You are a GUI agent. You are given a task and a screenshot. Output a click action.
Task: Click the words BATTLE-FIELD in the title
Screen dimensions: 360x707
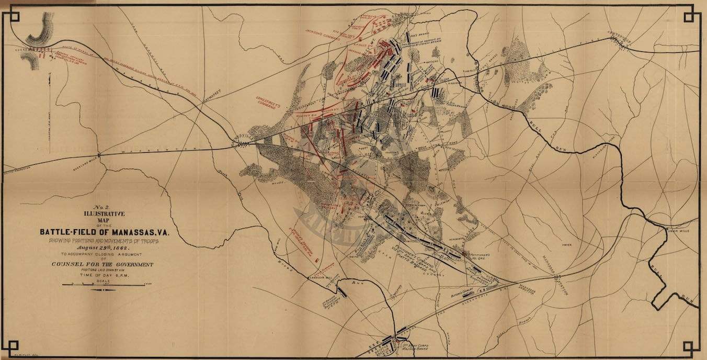78,231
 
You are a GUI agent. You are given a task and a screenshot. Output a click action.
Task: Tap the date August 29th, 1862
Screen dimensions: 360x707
107,248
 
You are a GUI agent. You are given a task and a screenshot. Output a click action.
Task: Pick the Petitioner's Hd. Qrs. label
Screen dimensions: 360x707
477,255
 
